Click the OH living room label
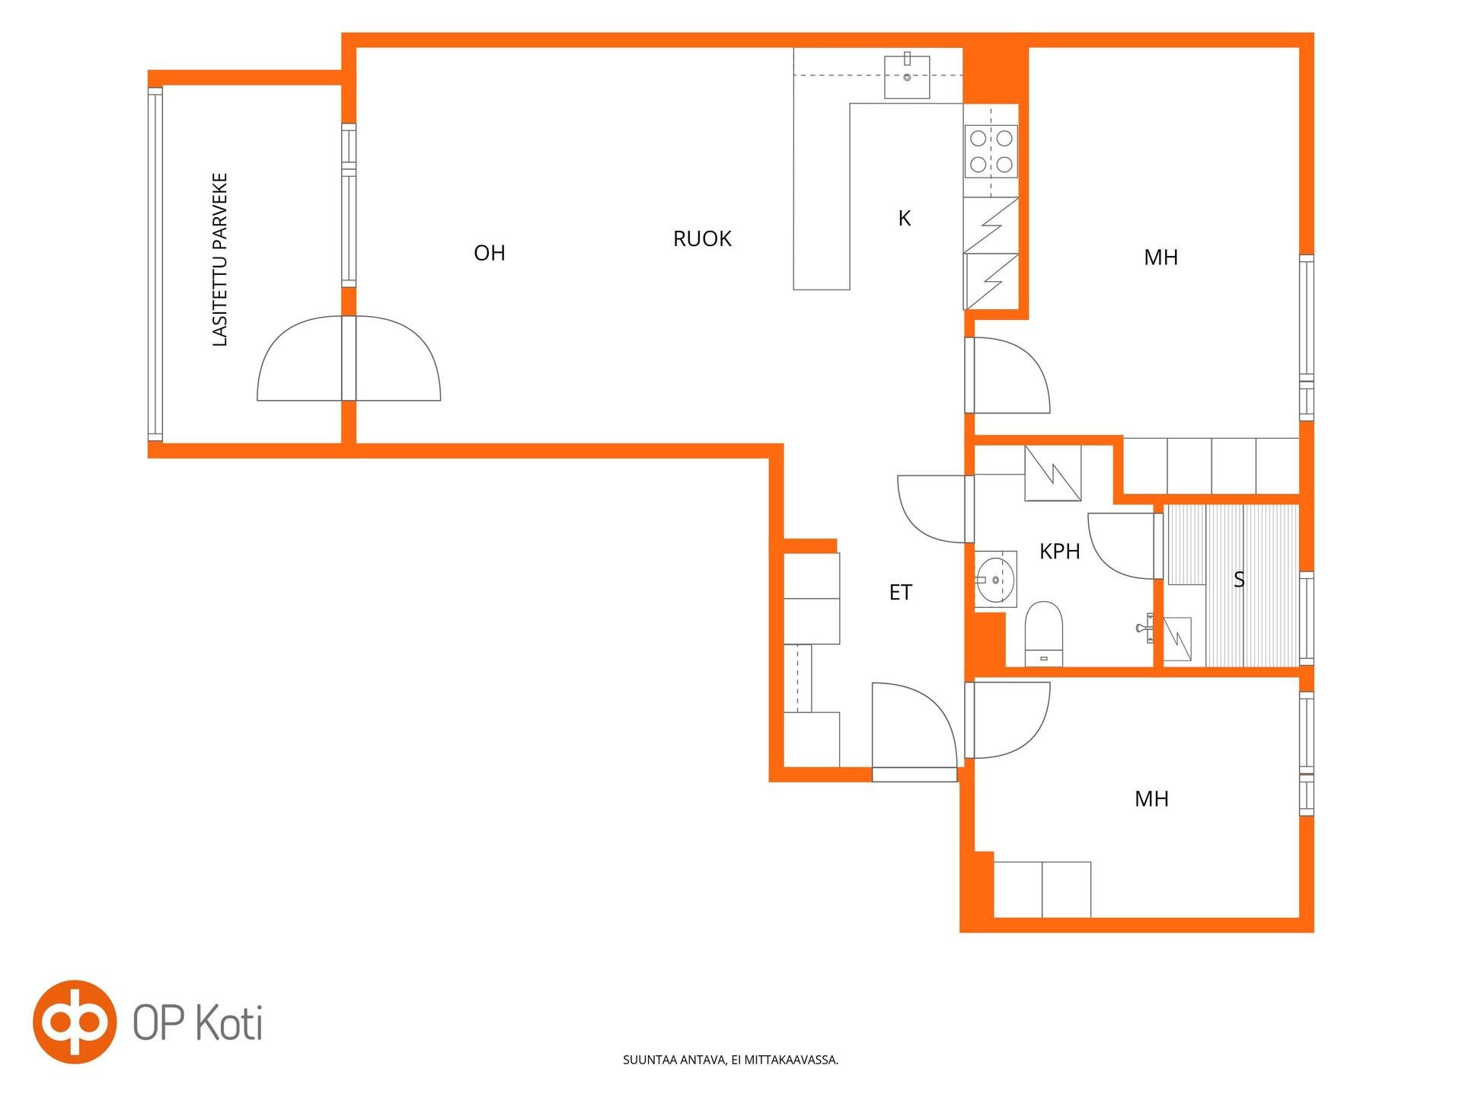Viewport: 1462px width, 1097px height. tap(489, 253)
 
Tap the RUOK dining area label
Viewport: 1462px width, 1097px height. tap(702, 239)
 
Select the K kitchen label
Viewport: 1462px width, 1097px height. tap(905, 219)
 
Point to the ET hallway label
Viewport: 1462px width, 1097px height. tap(900, 593)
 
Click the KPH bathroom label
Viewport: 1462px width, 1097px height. tap(1059, 552)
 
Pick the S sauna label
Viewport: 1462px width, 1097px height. tap(1239, 580)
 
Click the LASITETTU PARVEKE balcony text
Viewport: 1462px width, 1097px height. tap(220, 260)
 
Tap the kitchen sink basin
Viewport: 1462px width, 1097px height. tap(907, 77)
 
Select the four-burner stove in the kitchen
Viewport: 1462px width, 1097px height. tap(991, 151)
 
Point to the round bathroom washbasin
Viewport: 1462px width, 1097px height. tap(996, 580)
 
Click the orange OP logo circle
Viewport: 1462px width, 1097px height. tap(75, 1022)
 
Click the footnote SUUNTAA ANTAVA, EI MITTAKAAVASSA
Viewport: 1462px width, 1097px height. tap(730, 1060)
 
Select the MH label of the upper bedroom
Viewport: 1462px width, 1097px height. tap(1160, 257)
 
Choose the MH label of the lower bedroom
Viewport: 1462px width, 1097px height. tap(1151, 799)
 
